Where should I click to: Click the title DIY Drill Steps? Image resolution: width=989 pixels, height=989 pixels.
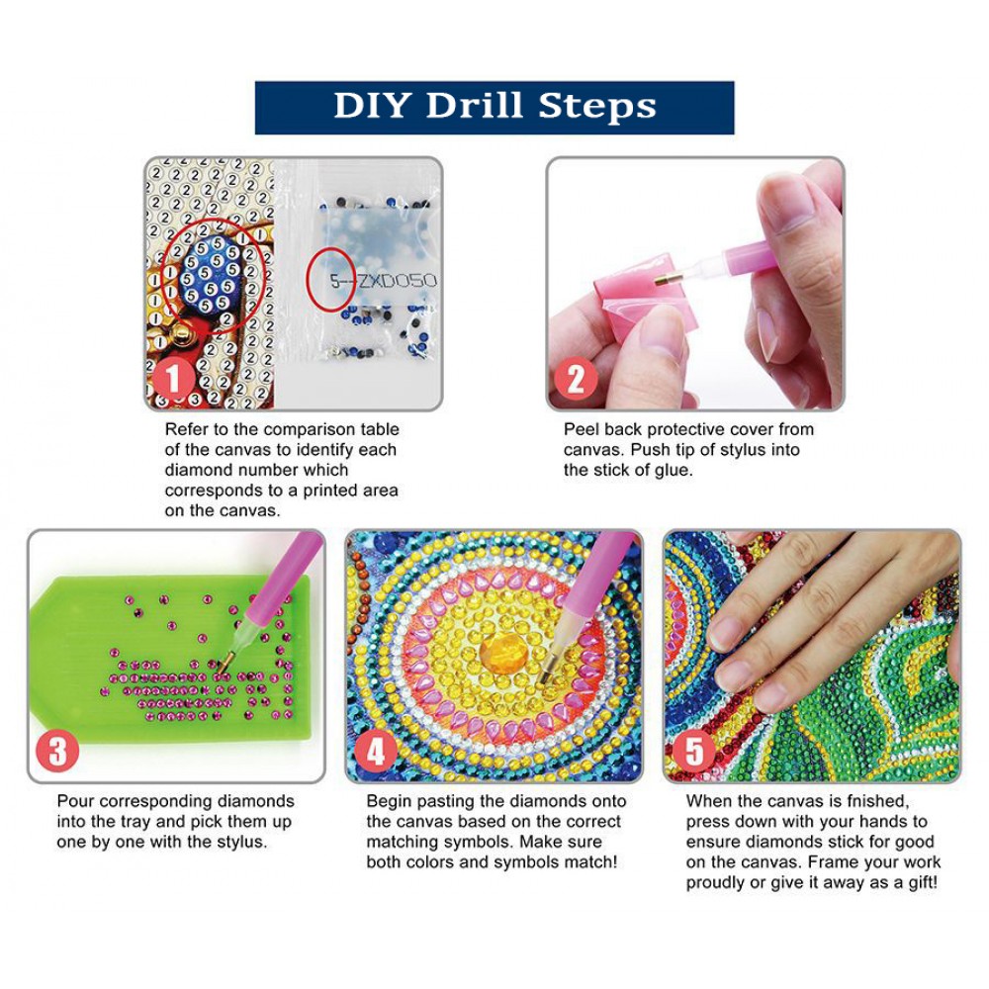click(494, 106)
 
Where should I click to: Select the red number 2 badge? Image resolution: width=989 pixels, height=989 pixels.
click(576, 380)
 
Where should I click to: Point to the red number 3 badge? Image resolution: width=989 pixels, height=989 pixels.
click(58, 752)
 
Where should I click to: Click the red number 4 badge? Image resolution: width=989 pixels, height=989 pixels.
click(376, 752)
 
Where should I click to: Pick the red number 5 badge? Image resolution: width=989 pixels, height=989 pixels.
click(694, 752)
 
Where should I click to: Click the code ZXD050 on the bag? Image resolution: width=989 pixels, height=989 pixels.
click(398, 281)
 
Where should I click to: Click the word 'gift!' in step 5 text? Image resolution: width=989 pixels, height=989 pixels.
click(923, 883)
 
